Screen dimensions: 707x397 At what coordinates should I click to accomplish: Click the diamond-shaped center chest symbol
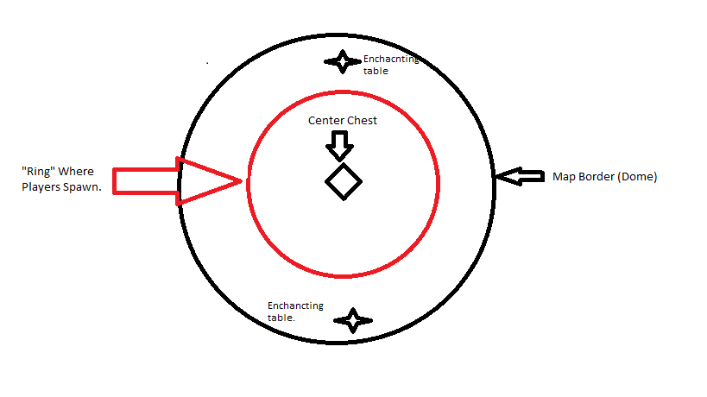pyautogui.click(x=344, y=181)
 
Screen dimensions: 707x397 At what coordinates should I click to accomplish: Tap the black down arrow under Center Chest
pyautogui.click(x=339, y=146)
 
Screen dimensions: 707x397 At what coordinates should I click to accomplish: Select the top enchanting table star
pyautogui.click(x=343, y=61)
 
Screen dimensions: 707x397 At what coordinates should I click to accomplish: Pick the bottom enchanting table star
pyautogui.click(x=353, y=320)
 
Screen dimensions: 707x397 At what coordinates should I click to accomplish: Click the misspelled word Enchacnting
pyautogui.click(x=391, y=59)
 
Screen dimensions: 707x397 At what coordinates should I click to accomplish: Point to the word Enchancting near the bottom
pyautogui.click(x=295, y=306)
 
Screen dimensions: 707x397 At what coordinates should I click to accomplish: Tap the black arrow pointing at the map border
pyautogui.click(x=521, y=176)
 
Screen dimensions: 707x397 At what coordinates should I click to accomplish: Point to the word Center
pyautogui.click(x=325, y=121)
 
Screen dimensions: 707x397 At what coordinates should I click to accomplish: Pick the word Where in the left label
pyautogui.click(x=76, y=172)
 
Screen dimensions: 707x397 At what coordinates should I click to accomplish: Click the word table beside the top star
pyautogui.click(x=376, y=71)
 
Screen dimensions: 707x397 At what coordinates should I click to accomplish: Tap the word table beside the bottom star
pyautogui.click(x=281, y=318)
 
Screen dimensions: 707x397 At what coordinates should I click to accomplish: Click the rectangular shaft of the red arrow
pyautogui.click(x=146, y=181)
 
